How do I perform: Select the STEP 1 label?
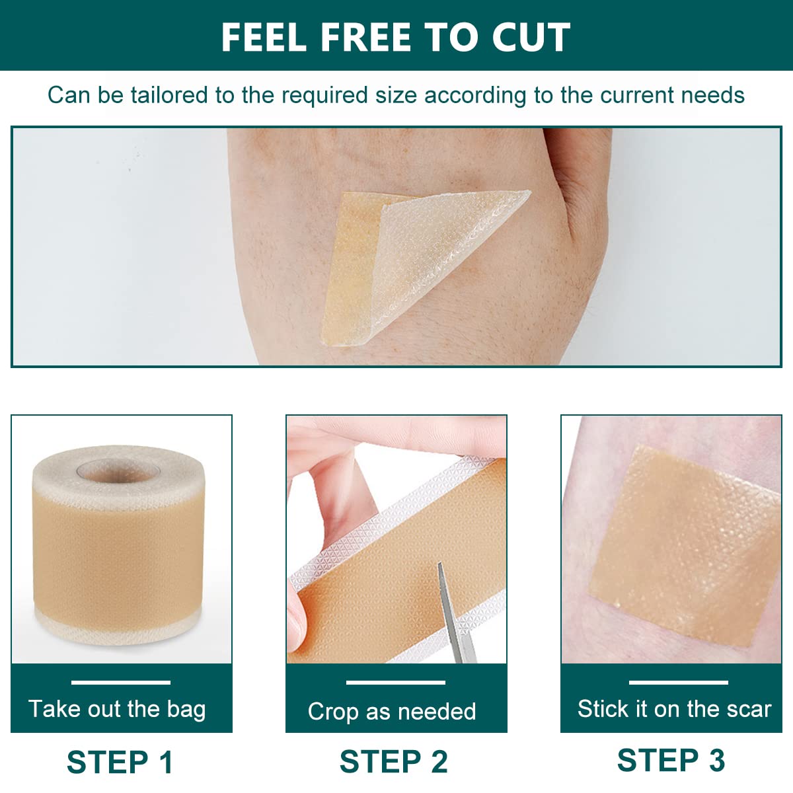click(x=120, y=762)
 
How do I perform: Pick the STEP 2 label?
click(x=394, y=761)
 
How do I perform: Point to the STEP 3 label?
click(x=671, y=760)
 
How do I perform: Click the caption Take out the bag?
click(x=117, y=709)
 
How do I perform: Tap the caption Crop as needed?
click(x=392, y=711)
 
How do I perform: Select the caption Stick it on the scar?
click(x=674, y=709)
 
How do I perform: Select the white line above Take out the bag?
click(x=121, y=682)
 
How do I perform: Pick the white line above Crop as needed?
click(x=395, y=682)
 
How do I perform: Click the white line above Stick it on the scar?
click(x=678, y=682)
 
